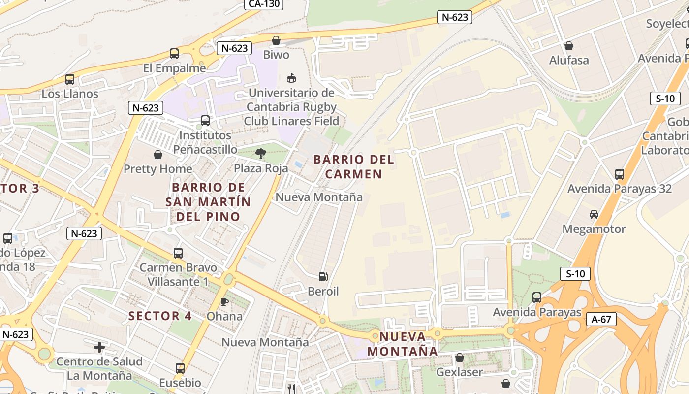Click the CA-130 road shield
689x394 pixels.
tap(264, 4)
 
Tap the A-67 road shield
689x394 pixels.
tap(601, 319)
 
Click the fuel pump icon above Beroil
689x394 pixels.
tap(323, 277)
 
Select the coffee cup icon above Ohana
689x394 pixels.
tap(224, 302)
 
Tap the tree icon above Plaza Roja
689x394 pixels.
tap(261, 154)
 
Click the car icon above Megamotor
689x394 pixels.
tap(594, 214)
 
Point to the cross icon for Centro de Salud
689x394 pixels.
tap(99, 347)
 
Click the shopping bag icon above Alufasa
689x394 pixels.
tap(569, 46)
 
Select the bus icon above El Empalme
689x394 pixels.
tap(174, 54)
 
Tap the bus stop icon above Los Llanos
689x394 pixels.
tap(70, 79)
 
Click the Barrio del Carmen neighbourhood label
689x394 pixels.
tap(353, 166)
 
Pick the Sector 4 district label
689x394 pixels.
tap(160, 316)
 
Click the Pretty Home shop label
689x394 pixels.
tap(157, 169)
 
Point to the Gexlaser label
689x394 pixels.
tap(459, 372)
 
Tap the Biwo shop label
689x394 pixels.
tap(276, 55)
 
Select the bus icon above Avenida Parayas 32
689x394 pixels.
tap(619, 174)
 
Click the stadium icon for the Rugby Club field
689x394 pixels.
tap(291, 78)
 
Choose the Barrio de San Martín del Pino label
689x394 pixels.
tap(208, 202)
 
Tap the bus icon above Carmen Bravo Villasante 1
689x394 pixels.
tap(178, 253)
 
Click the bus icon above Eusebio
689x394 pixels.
tap(180, 368)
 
